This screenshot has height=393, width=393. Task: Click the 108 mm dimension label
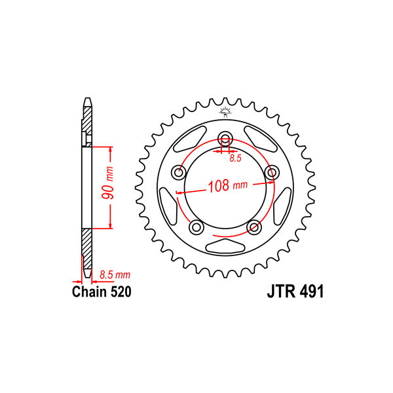pos(227,186)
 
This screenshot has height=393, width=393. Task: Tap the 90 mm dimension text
pos(108,183)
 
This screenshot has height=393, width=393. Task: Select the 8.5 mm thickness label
pos(115,274)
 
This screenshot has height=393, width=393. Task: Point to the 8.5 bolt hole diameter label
pos(235,158)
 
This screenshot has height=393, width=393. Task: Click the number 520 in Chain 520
pos(121,291)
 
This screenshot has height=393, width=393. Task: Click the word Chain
pos(89,291)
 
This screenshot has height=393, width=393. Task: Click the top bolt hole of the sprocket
pos(225,138)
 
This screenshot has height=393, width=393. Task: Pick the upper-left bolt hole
pos(179,173)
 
